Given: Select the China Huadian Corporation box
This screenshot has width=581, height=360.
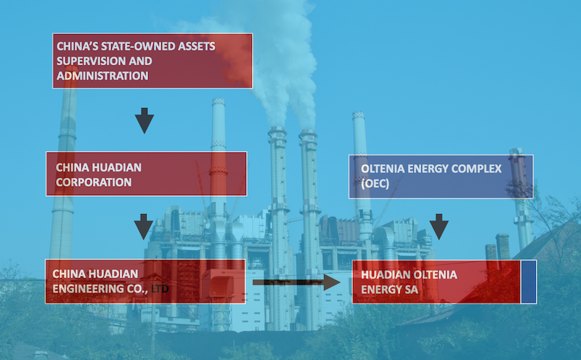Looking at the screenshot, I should pos(145,173).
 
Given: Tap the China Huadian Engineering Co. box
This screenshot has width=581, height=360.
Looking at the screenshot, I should pos(145,282).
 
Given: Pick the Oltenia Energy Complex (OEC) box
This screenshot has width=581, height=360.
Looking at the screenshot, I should pos(440,176).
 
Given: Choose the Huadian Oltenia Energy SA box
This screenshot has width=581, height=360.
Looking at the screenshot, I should pos(436,282).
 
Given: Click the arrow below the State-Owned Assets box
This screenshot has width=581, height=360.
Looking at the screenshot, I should pos(145,120).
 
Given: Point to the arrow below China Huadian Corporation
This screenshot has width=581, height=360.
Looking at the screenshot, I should pos(145,226).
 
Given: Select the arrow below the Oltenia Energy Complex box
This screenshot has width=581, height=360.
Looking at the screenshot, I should pos(439,226).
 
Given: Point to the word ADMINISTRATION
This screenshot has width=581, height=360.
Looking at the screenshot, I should pos(102,75).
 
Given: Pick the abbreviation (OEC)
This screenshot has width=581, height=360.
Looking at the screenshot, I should pos(375,184).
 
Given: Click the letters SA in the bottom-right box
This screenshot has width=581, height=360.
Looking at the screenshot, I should pos(411,290).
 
